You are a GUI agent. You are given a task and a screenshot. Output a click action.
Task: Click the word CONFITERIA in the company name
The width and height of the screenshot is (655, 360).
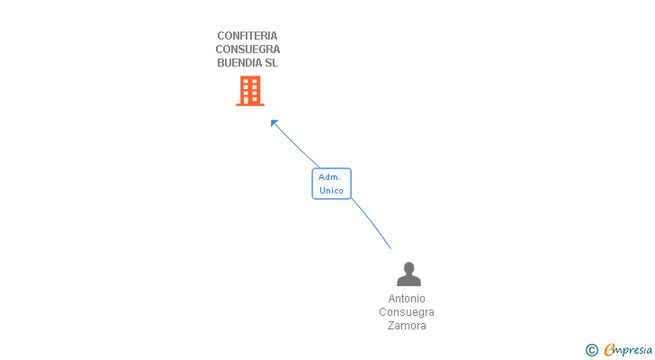tap(247, 36)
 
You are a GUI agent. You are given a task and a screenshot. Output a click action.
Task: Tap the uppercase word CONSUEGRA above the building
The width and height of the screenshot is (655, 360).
tap(247, 49)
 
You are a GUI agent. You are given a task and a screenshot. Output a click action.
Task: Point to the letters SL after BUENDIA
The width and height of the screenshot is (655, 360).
tap(271, 63)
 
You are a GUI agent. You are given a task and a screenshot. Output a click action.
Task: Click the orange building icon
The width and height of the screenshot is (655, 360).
tap(250, 90)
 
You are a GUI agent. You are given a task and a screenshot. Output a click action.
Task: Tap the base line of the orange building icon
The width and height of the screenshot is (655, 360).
tap(250, 104)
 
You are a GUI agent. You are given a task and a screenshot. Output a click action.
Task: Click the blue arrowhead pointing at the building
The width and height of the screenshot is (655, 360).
tap(274, 122)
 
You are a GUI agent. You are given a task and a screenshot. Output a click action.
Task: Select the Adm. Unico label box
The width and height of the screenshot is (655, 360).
tap(331, 184)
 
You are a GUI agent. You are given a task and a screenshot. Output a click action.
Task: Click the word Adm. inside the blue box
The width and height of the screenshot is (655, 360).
tap(329, 177)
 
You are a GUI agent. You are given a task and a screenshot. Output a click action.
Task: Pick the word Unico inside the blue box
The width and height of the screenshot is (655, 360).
tap(331, 191)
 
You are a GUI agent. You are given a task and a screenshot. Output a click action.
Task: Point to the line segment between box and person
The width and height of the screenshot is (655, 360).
tap(371, 222)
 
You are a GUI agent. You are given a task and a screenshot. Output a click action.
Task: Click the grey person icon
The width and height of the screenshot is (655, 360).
tap(408, 274)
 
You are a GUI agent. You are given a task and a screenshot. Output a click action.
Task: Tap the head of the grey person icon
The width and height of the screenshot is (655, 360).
tap(408, 267)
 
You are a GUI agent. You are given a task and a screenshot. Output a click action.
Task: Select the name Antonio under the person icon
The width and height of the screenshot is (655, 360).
tap(407, 299)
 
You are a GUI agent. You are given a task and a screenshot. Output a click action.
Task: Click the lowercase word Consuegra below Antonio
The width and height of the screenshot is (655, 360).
tap(407, 312)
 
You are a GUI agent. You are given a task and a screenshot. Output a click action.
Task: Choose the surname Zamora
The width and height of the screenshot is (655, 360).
tap(407, 326)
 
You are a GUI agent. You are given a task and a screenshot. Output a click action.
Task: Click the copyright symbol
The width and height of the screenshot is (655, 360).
tap(591, 350)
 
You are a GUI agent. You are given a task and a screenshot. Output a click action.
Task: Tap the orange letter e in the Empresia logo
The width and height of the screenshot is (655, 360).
tap(609, 350)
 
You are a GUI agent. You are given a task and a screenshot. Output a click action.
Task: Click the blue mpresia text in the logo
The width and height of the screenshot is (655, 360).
tap(633, 350)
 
